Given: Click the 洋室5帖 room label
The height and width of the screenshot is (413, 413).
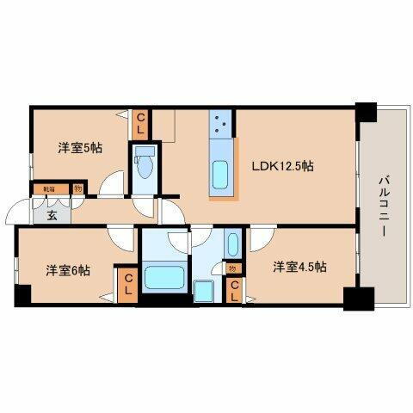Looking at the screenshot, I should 80,148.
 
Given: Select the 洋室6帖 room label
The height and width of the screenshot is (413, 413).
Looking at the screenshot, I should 68,270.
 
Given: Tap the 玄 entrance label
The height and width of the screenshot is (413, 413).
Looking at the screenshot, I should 51,215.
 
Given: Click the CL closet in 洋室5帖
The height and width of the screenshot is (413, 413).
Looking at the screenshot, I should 140,123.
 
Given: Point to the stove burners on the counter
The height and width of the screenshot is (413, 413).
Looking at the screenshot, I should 221,126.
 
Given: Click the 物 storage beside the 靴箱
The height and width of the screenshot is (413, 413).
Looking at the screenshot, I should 77,188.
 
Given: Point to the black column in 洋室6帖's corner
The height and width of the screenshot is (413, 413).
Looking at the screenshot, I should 21,295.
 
